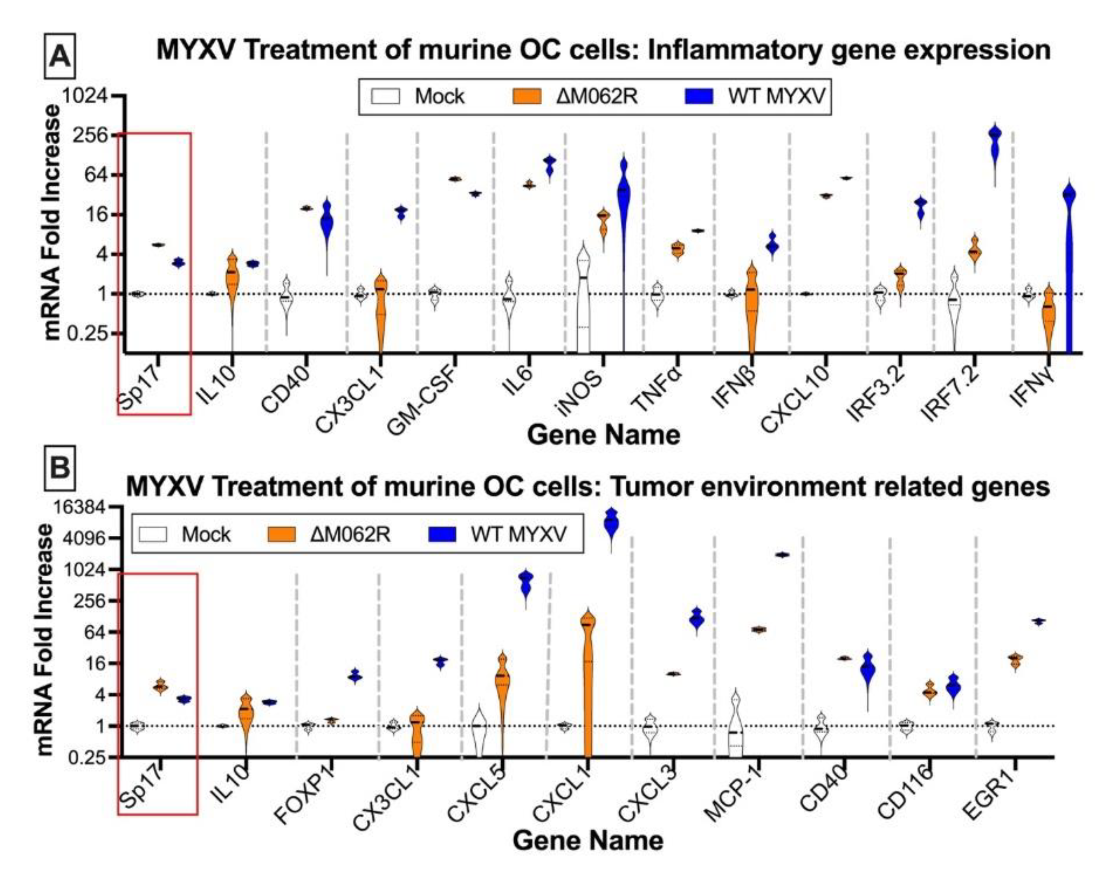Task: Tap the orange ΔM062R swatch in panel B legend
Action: pyautogui.click(x=281, y=534)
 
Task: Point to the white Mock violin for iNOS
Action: pyautogui.click(x=583, y=298)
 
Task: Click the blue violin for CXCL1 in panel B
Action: pyautogui.click(x=611, y=525)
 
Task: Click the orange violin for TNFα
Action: pyautogui.click(x=678, y=249)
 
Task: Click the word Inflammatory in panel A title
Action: pyautogui.click(x=737, y=50)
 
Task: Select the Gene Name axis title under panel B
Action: pyautogui.click(x=588, y=841)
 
